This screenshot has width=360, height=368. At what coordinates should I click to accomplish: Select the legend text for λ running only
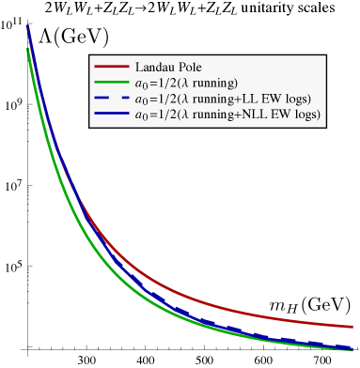[x=187, y=84]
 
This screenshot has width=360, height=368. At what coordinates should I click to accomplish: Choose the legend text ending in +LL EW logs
[x=225, y=99]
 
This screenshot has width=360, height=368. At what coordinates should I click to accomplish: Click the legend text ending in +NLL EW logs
[x=228, y=115]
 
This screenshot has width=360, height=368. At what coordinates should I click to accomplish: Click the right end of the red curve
[x=352, y=326]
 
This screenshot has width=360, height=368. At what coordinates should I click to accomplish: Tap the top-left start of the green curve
[x=26, y=47]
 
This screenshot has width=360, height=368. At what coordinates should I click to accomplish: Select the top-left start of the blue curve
[x=28, y=25]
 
